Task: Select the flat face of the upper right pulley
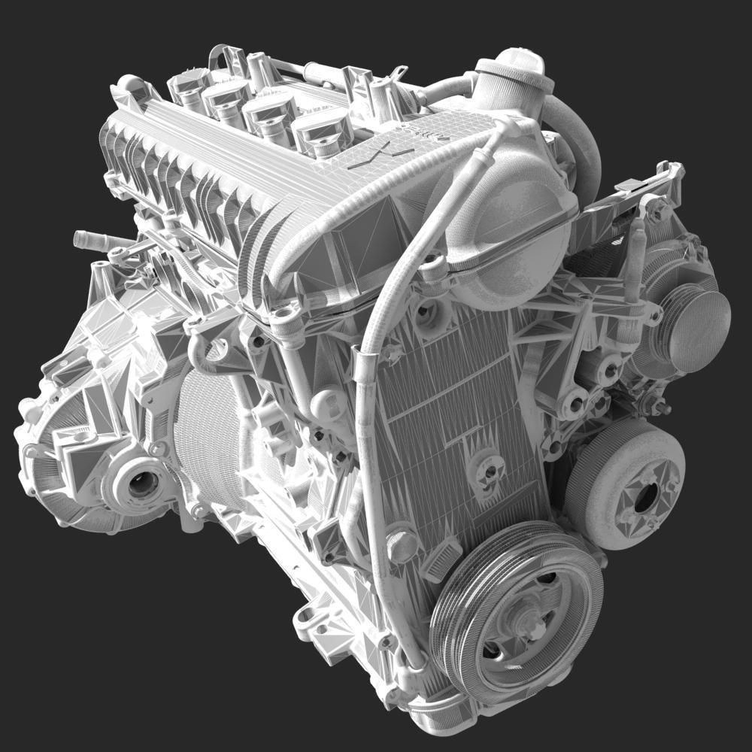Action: pyautogui.click(x=699, y=331)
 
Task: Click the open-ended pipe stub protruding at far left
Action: pyautogui.click(x=83, y=239)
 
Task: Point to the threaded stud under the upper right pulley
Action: pyautogui.click(x=660, y=407)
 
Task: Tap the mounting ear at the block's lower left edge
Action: pyautogui.click(x=305, y=621)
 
